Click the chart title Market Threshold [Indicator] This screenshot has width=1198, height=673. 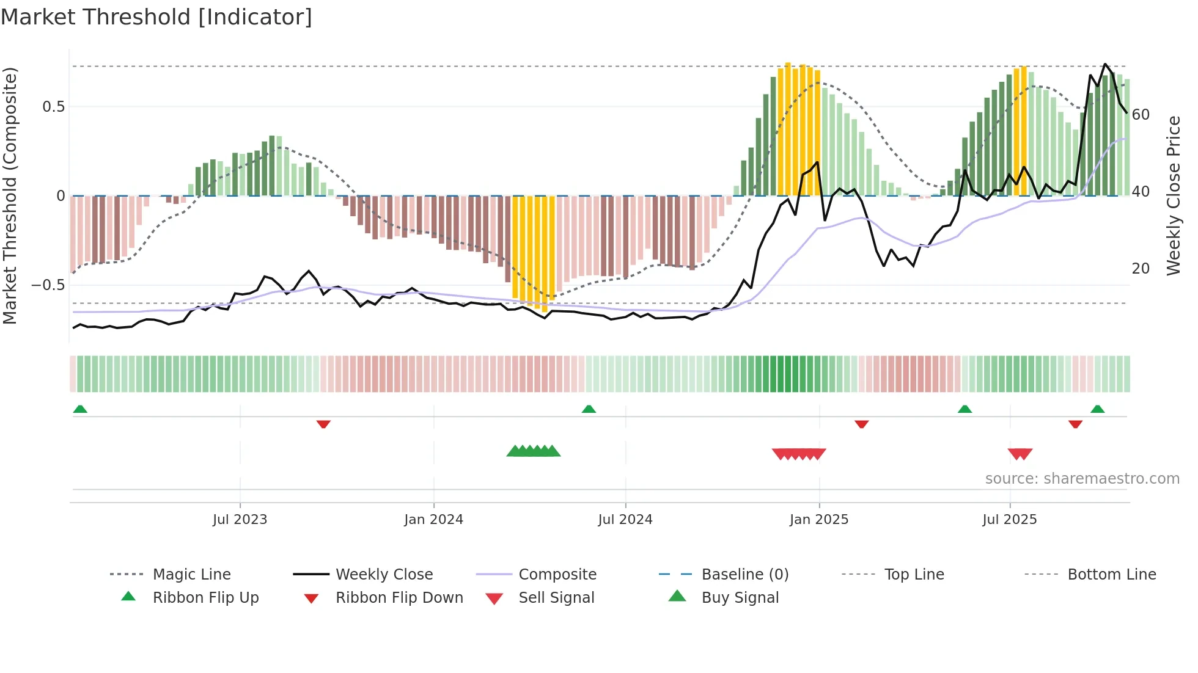click(156, 17)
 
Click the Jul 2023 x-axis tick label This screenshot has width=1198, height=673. click(240, 520)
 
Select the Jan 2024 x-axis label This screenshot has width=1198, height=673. click(433, 520)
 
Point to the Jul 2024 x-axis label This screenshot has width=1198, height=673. click(625, 520)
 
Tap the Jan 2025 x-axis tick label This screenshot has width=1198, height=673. click(818, 520)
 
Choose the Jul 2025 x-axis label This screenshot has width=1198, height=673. click(1009, 520)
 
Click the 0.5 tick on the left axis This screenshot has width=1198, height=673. click(53, 107)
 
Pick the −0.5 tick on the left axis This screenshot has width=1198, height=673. click(48, 285)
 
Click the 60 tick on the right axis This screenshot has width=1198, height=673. click(1141, 115)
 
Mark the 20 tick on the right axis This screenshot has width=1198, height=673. click(1141, 269)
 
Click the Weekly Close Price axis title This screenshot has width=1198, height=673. click(1174, 195)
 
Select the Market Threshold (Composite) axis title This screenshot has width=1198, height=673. click(10, 195)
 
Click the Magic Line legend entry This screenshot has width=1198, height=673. click(191, 575)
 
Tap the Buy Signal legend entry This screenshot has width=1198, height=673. click(740, 598)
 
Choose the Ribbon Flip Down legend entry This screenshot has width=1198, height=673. click(399, 598)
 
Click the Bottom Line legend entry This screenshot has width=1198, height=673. click(1111, 575)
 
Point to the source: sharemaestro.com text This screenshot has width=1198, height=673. click(1082, 479)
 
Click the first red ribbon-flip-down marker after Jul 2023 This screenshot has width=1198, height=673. click(323, 424)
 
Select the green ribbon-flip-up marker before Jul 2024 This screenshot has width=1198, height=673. click(589, 409)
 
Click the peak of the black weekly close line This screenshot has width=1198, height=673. click(1105, 64)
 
